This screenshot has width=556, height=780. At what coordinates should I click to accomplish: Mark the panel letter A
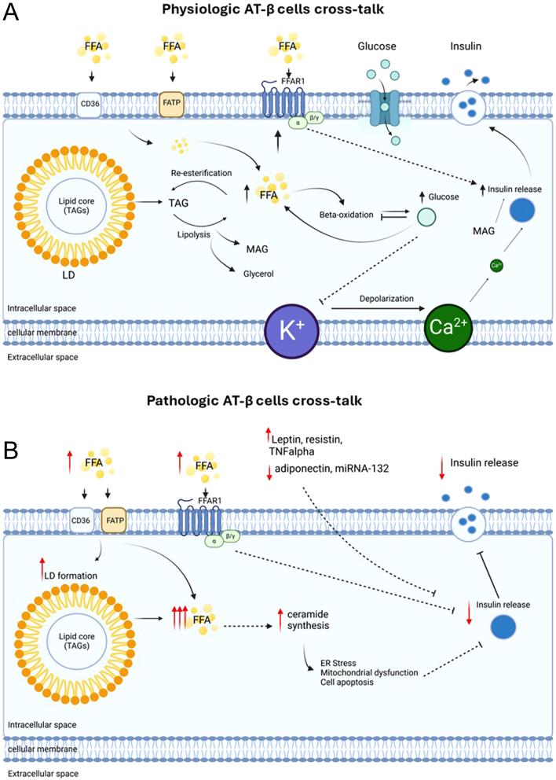click(x=12, y=15)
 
